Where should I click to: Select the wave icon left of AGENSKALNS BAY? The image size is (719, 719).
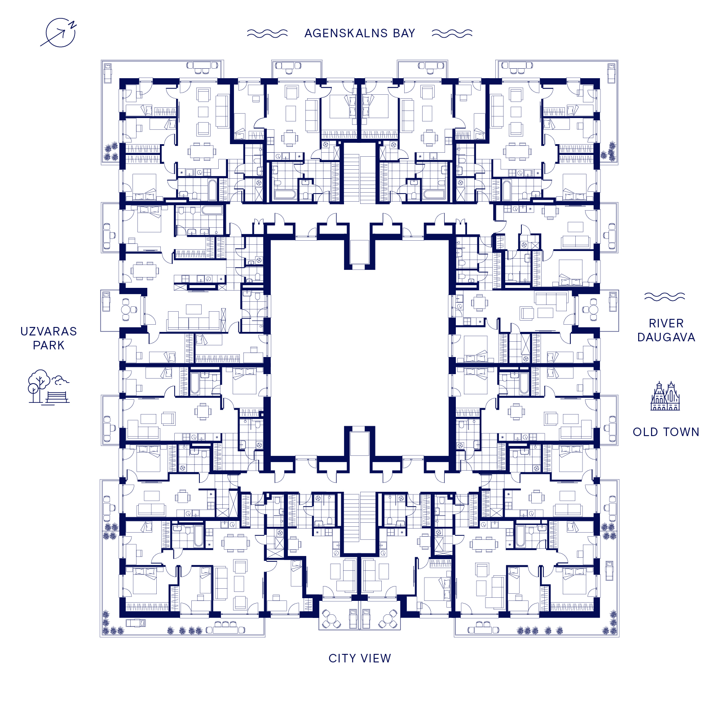click(267, 33)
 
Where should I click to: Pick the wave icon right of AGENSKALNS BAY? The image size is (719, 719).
click(452, 33)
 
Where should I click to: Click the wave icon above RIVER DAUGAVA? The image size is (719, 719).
click(665, 296)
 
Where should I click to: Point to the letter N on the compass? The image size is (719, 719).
click(73, 25)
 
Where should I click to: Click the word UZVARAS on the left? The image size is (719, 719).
click(49, 331)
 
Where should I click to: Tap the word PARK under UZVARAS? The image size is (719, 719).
click(49, 345)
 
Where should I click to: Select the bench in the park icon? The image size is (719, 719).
click(57, 397)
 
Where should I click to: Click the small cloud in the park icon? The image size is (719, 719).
click(60, 381)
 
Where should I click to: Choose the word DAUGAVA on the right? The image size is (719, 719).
click(666, 337)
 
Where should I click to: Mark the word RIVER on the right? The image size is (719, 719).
click(666, 323)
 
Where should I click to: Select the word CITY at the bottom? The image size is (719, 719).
click(342, 658)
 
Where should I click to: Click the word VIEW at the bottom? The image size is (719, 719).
click(376, 658)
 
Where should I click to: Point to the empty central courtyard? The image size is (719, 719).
click(359, 348)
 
